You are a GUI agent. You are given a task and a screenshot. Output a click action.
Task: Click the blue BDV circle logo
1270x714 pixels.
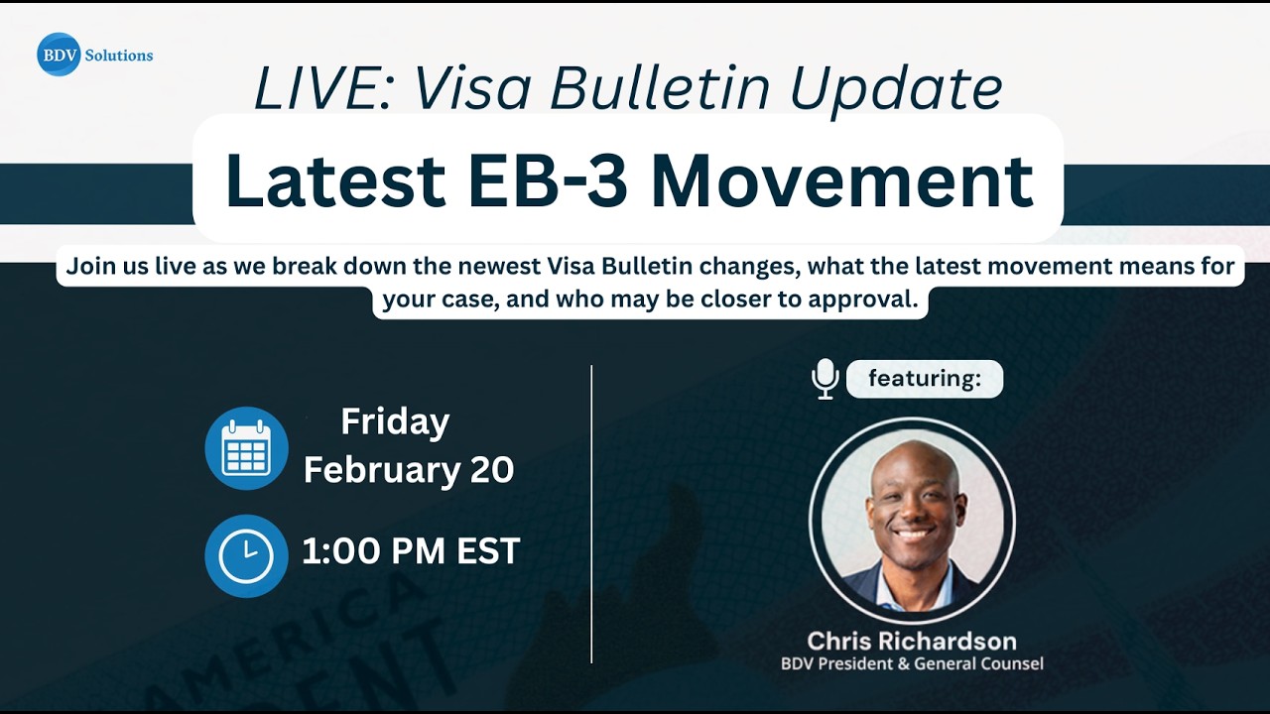[59, 55]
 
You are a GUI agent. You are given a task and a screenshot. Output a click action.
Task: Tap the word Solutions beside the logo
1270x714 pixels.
[119, 56]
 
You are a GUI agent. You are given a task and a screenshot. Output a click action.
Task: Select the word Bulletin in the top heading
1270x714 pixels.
[660, 88]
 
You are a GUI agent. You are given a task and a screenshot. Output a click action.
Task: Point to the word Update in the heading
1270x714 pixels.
[896, 88]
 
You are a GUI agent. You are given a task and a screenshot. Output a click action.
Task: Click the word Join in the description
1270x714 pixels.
[89, 267]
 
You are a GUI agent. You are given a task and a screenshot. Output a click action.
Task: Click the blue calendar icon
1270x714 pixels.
[246, 448]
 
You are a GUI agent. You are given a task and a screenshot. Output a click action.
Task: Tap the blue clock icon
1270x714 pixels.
[246, 555]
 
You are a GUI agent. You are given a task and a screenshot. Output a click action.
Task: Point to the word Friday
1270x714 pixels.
[395, 421]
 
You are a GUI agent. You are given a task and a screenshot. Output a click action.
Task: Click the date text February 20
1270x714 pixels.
[409, 469]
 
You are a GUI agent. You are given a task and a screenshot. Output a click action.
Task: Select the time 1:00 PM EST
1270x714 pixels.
[411, 551]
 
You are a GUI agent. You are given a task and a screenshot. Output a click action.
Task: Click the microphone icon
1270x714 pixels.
[825, 379]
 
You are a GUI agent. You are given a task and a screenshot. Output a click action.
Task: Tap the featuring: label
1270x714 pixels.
[924, 379]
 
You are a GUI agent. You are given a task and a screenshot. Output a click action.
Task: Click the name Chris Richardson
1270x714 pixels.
[911, 641]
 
